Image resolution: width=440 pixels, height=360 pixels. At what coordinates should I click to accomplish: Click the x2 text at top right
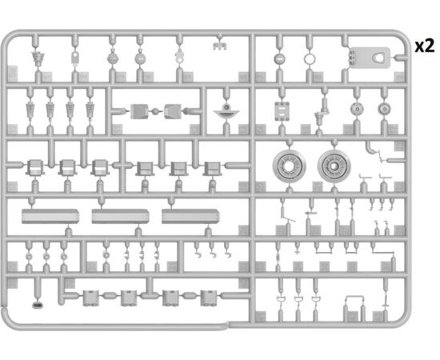pos(425,46)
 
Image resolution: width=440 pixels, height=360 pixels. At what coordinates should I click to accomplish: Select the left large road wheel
pos(289,166)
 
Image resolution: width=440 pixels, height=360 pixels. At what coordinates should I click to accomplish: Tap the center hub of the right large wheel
pos(334,166)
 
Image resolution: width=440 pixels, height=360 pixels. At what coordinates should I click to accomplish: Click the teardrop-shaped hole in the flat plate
pos(378,58)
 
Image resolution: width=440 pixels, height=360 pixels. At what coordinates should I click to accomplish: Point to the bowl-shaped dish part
pos(226,114)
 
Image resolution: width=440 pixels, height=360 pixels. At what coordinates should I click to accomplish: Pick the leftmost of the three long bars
pos(50,216)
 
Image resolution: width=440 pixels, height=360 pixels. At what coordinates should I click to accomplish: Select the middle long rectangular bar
pos(120,216)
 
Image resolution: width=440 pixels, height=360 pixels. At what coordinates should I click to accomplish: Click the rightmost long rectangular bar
pos(190,216)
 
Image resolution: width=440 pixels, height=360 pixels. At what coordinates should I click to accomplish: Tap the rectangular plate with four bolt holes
pos(282,111)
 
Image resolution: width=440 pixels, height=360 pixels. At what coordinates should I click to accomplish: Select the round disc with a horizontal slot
pos(280,59)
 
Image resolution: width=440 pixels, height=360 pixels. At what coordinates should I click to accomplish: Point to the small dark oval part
pos(38,305)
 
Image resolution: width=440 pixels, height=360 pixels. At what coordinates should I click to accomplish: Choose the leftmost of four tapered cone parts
pos(30,110)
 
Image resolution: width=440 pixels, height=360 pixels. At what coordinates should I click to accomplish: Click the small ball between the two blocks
pos(155,111)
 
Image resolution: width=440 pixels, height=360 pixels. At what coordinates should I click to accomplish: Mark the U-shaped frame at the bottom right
pos(354,296)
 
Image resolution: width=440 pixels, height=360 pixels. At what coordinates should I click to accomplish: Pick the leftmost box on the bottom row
pos(90,298)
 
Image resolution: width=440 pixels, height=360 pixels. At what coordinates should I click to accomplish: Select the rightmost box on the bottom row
pos(209,298)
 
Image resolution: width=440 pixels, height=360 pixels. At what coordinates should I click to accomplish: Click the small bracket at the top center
pos(220,46)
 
